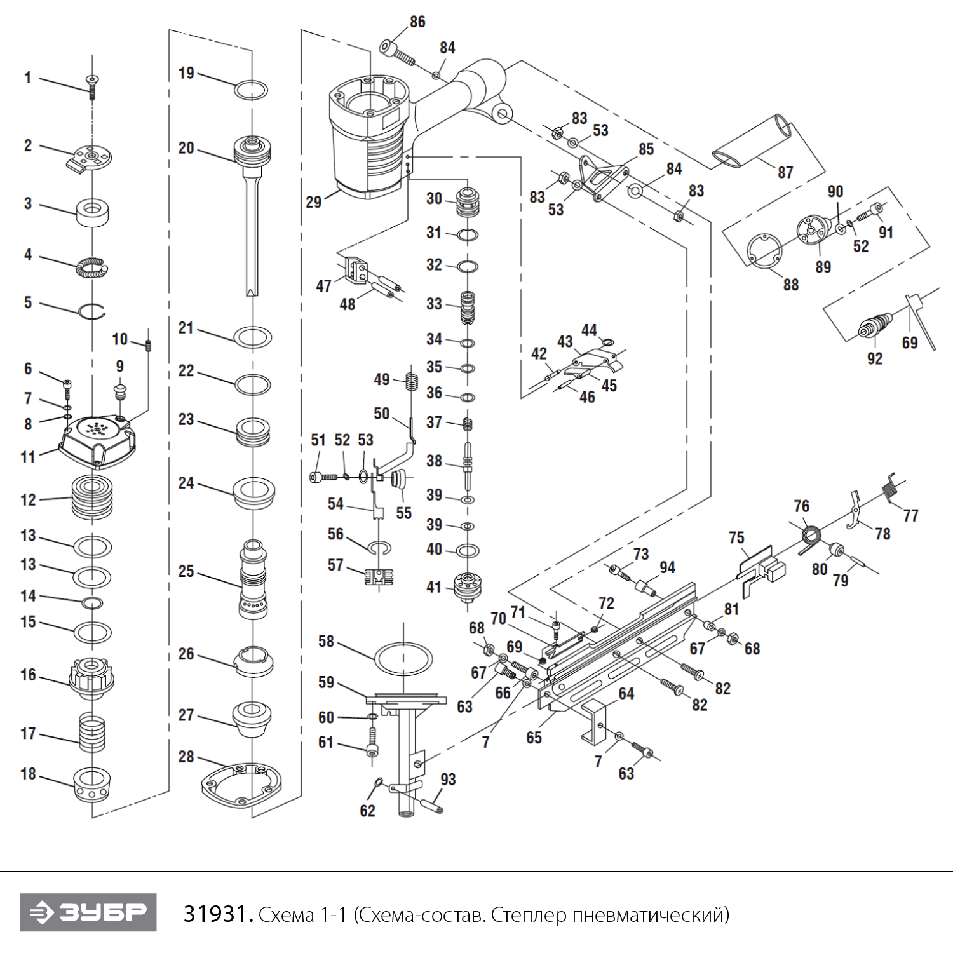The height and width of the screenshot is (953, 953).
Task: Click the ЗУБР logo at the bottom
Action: point(88,912)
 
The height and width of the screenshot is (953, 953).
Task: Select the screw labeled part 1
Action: point(93,86)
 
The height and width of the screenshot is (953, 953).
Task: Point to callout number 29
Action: point(314,202)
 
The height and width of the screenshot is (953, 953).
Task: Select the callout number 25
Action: point(186,571)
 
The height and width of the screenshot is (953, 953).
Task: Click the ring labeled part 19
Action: point(251,90)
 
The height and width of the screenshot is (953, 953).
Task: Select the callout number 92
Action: point(875,358)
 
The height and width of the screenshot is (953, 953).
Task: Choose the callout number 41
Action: point(434,586)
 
